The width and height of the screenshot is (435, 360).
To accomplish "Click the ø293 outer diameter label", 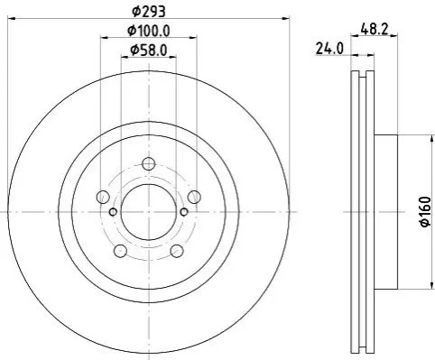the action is click(149, 12).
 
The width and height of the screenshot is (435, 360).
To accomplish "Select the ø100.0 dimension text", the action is click(149, 31).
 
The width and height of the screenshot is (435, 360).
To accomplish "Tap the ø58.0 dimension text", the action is click(149, 51).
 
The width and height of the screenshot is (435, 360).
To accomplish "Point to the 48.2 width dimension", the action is click(375, 29).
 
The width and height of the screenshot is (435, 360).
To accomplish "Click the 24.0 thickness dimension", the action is click(329, 49).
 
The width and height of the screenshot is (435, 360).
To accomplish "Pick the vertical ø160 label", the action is click(426, 212).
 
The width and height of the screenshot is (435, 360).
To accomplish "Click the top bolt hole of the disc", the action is click(149, 164).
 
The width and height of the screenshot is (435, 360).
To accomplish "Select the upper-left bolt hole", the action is click(103, 197).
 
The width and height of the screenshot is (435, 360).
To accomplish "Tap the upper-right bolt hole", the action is click(194, 197).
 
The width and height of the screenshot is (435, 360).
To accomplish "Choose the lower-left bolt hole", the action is click(121, 251).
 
